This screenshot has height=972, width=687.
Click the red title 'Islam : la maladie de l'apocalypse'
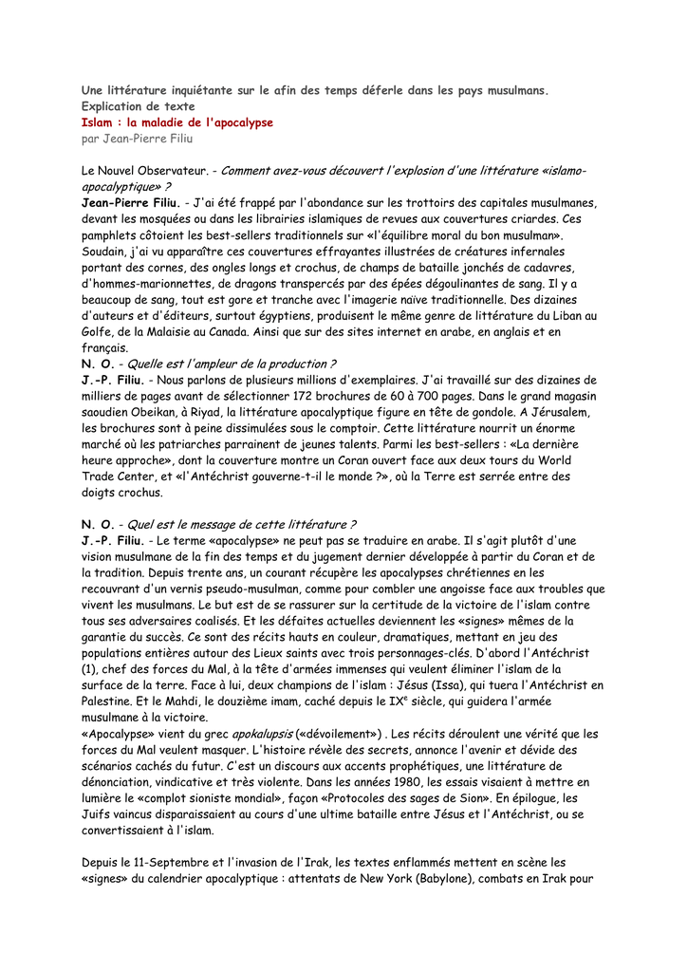coord(176,122)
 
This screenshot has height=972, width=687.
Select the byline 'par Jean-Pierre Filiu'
coord(137,139)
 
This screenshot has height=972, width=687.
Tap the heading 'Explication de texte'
coord(138,106)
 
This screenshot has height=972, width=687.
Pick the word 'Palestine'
coord(107,701)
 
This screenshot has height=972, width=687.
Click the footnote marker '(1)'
coord(89,669)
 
